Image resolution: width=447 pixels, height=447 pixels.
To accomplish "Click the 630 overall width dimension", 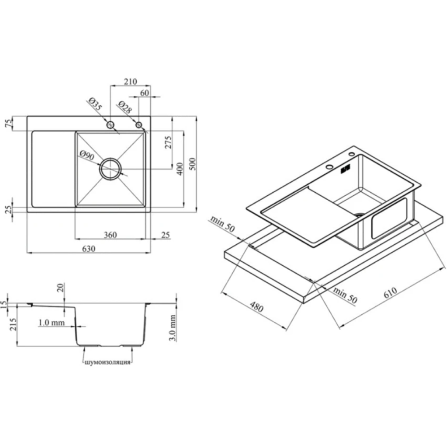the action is (x=89, y=249).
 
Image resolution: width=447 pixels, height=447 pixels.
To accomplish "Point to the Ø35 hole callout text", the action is (x=95, y=104).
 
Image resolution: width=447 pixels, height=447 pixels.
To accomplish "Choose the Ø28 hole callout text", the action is (x=125, y=107).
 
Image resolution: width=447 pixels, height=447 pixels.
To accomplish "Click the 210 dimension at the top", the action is (x=130, y=81).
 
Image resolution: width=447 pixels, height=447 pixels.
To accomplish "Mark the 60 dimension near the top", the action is (x=145, y=93).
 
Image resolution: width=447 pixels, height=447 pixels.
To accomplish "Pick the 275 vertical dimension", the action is (x=168, y=142).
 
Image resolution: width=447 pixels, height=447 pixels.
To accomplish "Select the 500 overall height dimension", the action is (x=192, y=164).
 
